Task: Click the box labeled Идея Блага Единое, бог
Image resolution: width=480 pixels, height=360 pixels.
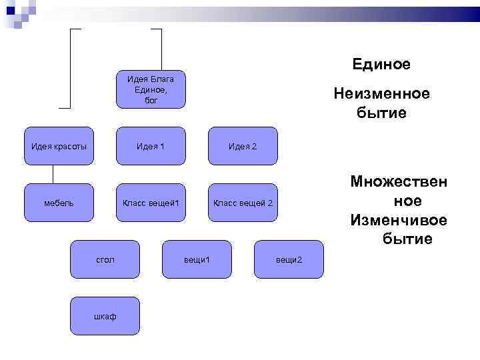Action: click(x=150, y=89)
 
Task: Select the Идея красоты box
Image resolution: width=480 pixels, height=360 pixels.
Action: click(x=58, y=146)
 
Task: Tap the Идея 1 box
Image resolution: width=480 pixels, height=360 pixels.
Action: click(x=150, y=146)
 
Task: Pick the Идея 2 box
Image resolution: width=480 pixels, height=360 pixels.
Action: click(x=242, y=146)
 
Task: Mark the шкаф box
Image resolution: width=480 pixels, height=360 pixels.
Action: click(x=104, y=315)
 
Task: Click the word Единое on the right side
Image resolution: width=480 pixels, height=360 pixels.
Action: click(x=381, y=65)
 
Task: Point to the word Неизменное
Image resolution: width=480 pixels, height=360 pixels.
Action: click(x=381, y=95)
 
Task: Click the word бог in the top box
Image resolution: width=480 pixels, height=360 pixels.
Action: click(x=151, y=100)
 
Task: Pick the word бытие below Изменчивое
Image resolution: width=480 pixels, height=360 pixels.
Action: click(x=407, y=238)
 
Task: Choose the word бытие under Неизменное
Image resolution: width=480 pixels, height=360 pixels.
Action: click(x=381, y=113)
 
